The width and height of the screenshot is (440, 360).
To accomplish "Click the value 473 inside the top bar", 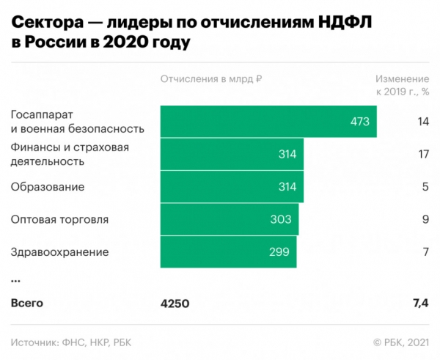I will click(359, 122).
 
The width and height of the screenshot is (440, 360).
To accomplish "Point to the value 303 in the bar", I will click(280, 219).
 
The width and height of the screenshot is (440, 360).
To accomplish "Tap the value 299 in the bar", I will click(279, 251).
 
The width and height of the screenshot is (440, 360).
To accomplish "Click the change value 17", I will click(422, 154).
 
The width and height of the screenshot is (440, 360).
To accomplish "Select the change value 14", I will click(422, 122).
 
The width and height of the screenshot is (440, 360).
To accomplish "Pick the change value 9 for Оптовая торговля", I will click(425, 219).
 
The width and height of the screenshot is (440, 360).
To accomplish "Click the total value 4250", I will click(175, 303).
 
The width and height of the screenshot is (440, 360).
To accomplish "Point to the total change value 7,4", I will click(419, 303).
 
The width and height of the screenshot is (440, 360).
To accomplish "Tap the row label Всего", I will click(27, 303).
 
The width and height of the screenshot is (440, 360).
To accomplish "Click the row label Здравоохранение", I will click(59, 251).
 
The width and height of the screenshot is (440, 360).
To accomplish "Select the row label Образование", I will click(47, 187).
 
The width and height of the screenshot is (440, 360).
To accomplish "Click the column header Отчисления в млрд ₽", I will click(211, 79).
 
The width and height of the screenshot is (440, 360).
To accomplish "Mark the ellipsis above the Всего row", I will click(15, 280).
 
